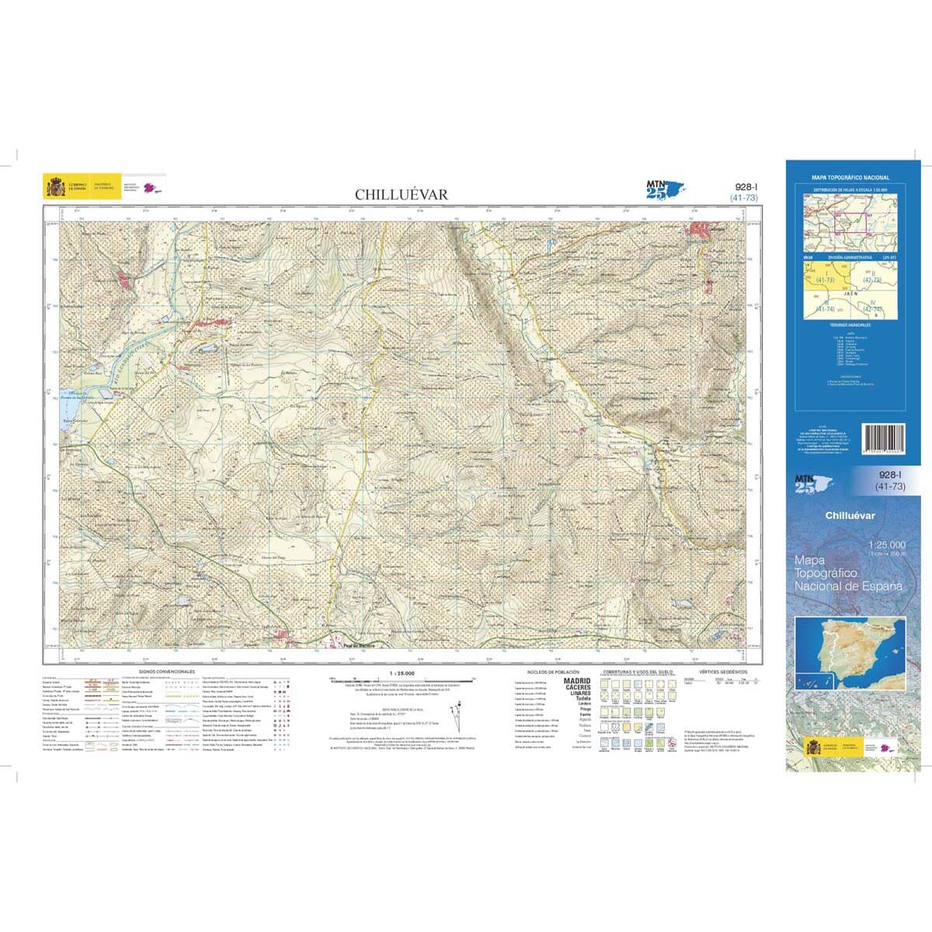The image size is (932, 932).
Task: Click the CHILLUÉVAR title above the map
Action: click(x=402, y=194)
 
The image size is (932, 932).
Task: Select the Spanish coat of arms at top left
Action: click(x=56, y=187)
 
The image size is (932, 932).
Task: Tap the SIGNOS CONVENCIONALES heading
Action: click(x=166, y=671)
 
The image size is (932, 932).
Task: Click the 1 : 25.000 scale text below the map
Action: click(x=402, y=673)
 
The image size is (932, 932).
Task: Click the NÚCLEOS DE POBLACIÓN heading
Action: click(x=549, y=671)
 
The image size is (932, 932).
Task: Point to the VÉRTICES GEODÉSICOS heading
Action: click(x=722, y=671)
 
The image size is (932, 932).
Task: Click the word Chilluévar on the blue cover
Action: click(x=850, y=516)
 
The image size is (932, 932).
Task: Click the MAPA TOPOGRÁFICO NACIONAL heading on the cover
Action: click(x=850, y=178)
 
